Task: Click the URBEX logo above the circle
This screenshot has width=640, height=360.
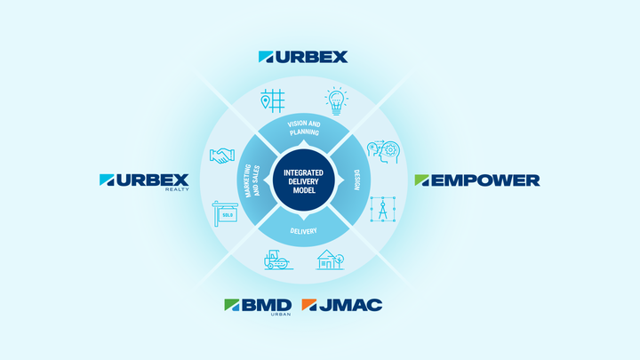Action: click(303, 57)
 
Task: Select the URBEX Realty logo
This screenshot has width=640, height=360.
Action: click(144, 182)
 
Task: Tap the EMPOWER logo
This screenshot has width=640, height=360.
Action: click(477, 180)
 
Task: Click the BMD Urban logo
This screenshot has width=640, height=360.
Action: click(258, 307)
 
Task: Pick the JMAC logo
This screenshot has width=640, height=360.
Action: click(342, 305)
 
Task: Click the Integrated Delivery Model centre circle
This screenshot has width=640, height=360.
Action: click(304, 180)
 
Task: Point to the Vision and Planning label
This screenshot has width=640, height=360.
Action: click(304, 128)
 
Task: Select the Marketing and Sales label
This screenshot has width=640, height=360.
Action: click(252, 180)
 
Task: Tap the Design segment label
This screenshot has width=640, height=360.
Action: click(356, 180)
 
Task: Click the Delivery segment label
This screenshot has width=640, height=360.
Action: click(304, 231)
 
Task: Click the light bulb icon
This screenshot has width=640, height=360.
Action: click(336, 100)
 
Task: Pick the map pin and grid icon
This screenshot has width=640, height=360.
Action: click(273, 100)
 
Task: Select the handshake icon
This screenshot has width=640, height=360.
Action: click(222, 156)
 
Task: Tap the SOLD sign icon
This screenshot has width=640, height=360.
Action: click(225, 213)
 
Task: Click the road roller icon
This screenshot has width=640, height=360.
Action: click(278, 260)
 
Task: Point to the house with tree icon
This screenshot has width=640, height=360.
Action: click(330, 260)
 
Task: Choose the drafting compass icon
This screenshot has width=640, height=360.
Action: click(383, 209)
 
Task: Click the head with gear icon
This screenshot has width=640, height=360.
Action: click(383, 152)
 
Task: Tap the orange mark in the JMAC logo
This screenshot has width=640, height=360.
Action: click(309, 305)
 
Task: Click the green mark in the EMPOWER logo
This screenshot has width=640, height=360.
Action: click(422, 180)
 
